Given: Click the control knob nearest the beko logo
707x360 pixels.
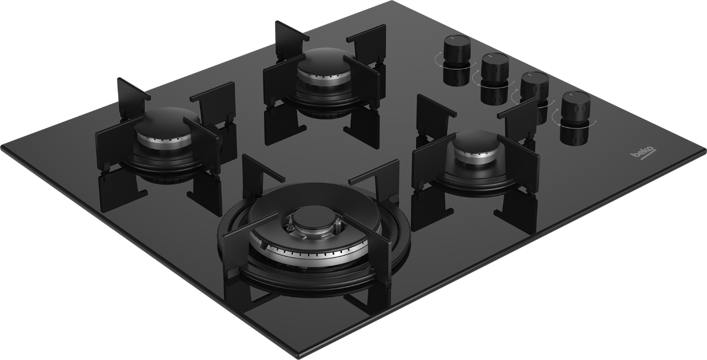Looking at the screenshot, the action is (x=576, y=109).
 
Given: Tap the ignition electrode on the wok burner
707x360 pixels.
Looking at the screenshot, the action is (x=288, y=225).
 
